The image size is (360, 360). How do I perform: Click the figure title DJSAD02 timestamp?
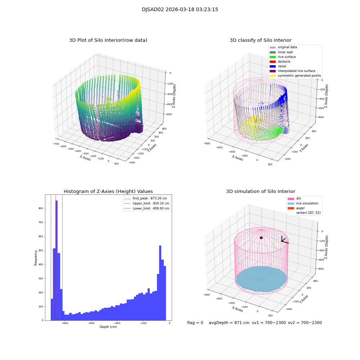(180, 10)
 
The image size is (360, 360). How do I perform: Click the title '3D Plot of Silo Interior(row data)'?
(108, 40)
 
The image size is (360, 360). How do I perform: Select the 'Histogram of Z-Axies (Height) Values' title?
(108, 192)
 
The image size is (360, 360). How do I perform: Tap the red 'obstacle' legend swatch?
(273, 62)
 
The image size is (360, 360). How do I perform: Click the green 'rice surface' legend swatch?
(273, 57)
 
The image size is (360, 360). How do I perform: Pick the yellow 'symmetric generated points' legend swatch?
(273, 76)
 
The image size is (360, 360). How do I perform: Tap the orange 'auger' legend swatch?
(291, 208)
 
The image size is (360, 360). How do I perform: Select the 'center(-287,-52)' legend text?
(308, 213)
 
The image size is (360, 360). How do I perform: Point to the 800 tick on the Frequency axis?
(41, 208)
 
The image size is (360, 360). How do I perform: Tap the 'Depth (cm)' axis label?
(108, 327)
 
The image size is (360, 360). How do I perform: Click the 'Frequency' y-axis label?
(36, 258)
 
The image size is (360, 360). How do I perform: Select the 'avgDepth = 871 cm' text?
(229, 323)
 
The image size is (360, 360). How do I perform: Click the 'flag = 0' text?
(195, 323)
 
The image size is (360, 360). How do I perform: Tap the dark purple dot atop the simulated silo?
(261, 238)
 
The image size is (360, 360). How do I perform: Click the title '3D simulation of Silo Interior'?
(261, 192)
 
